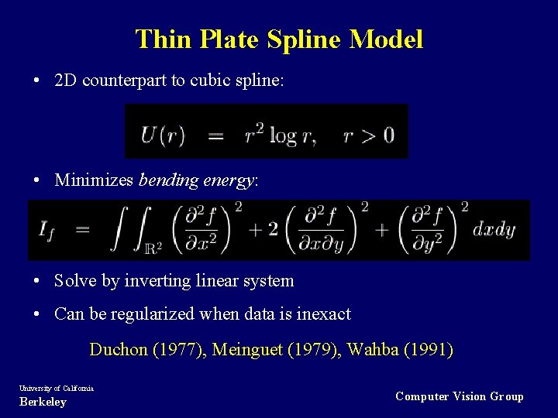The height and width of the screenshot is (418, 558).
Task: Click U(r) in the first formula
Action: click(162, 135)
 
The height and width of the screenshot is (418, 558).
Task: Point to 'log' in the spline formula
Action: click(283, 135)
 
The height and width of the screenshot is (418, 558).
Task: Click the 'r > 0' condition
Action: click(368, 135)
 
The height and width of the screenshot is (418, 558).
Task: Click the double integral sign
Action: click(128, 229)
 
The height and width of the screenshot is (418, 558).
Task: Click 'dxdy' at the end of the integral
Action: click(494, 229)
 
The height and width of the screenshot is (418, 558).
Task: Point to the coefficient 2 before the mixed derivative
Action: click(273, 230)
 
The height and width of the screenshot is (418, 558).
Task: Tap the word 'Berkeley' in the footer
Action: click(43, 402)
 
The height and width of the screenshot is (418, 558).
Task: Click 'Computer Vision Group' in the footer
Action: click(459, 396)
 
